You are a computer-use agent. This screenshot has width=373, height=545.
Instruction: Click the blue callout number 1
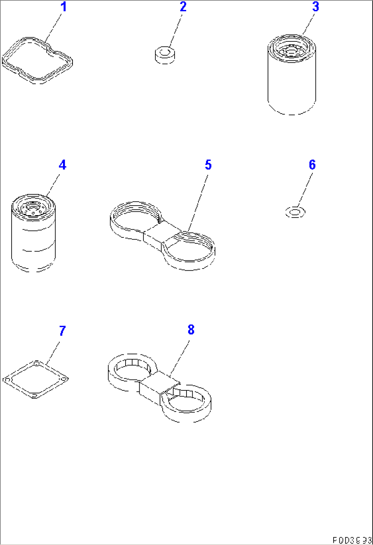63,7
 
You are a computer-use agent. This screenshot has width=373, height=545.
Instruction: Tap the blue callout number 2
183,7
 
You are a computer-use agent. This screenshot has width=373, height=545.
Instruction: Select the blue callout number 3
315,7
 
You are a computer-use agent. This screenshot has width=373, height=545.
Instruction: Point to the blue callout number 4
62,165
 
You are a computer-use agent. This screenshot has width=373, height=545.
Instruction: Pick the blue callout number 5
208,165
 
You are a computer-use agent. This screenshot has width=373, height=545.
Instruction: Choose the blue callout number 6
312,165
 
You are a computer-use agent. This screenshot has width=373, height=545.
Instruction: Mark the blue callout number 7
62,331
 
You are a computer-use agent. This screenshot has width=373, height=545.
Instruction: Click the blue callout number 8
191,330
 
